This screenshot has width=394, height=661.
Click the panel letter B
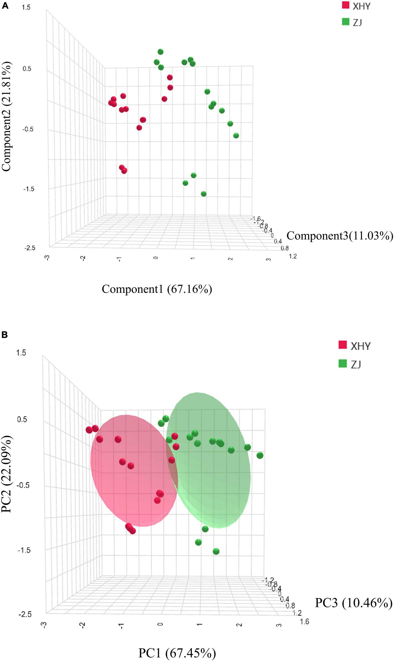point(5,335)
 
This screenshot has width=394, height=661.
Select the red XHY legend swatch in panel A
point(346,5)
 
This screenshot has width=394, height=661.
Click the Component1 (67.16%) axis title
point(157,289)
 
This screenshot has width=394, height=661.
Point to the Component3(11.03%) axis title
point(340,236)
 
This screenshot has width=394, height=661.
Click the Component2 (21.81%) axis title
point(6,116)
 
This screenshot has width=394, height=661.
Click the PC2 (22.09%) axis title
point(6,474)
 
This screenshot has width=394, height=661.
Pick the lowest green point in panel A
point(204,194)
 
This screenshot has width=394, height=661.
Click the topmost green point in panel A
point(161,52)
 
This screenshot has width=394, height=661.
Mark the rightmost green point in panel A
point(236,136)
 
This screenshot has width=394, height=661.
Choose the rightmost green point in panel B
point(260,455)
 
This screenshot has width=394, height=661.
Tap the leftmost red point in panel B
point(89,430)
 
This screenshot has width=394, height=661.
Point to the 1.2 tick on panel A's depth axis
point(293,256)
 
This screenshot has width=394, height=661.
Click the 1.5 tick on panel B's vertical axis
point(21,353)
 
